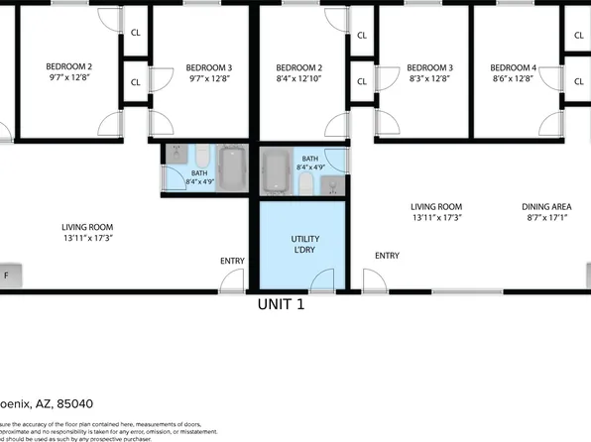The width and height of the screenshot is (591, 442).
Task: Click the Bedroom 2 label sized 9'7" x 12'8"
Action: (68, 67)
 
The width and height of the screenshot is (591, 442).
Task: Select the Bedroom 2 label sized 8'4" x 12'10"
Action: (298, 67)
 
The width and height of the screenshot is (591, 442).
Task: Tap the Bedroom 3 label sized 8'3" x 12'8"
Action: (429, 67)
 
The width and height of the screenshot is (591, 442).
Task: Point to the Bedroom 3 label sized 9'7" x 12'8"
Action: (209, 67)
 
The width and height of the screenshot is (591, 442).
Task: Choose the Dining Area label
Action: (546, 207)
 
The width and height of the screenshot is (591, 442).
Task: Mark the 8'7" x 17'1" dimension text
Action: (546, 218)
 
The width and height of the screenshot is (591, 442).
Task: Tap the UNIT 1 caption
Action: (281, 305)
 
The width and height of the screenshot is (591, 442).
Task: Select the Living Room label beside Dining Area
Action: (436, 207)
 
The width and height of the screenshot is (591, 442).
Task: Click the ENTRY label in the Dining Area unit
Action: (387, 256)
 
